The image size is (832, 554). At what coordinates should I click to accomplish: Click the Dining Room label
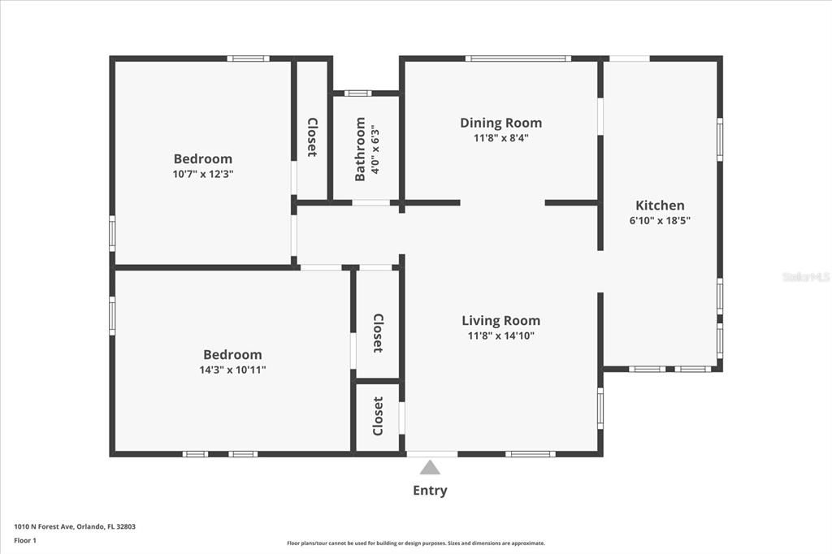[500, 123]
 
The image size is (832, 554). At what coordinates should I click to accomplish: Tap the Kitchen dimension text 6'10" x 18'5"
[659, 220]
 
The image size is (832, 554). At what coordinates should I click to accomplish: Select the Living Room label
[500, 320]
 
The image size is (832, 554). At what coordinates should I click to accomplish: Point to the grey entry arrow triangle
[430, 468]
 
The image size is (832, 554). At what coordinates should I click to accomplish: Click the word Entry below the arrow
[430, 491]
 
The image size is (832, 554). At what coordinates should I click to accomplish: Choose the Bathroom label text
[360, 149]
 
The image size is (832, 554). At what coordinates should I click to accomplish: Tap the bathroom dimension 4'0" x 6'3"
[375, 149]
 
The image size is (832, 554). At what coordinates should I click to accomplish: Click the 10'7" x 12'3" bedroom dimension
[203, 174]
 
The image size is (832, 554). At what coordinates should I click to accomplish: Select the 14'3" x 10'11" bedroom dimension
[232, 370]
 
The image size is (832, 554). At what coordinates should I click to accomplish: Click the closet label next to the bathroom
[312, 137]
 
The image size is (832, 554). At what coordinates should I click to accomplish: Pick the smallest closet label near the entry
[378, 416]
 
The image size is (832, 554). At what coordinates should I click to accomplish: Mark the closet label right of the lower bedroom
[378, 333]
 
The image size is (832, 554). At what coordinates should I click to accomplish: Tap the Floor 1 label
[24, 539]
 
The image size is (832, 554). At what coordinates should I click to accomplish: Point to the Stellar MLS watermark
[805, 277]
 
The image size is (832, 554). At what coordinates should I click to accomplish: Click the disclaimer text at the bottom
[415, 543]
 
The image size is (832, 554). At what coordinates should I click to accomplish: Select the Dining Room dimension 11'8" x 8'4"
[500, 138]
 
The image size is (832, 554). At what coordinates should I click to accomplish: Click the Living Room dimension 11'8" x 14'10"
[500, 335]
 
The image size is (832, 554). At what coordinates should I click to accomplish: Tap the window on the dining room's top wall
[518, 58]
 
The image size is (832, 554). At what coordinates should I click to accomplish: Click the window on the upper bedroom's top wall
[248, 58]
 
